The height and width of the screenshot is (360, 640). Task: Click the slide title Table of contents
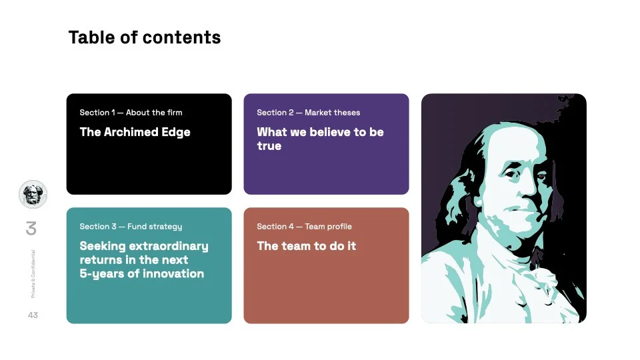[144, 37]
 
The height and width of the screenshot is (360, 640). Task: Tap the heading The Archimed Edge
[135, 132]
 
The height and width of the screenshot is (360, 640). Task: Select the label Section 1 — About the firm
[131, 113]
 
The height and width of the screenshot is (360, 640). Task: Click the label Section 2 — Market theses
[308, 113]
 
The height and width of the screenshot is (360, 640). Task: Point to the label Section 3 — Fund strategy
[131, 227]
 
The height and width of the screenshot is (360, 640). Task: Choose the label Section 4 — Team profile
[304, 227]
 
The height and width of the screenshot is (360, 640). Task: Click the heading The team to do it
[306, 246]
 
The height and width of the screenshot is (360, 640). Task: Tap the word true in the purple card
[269, 146]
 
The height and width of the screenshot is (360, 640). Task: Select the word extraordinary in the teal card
[168, 246]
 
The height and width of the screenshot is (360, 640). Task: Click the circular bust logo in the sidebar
[33, 194]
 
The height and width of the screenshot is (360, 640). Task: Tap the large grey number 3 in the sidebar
[31, 229]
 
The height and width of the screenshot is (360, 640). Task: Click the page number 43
[33, 315]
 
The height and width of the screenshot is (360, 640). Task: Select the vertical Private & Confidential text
[33, 273]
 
